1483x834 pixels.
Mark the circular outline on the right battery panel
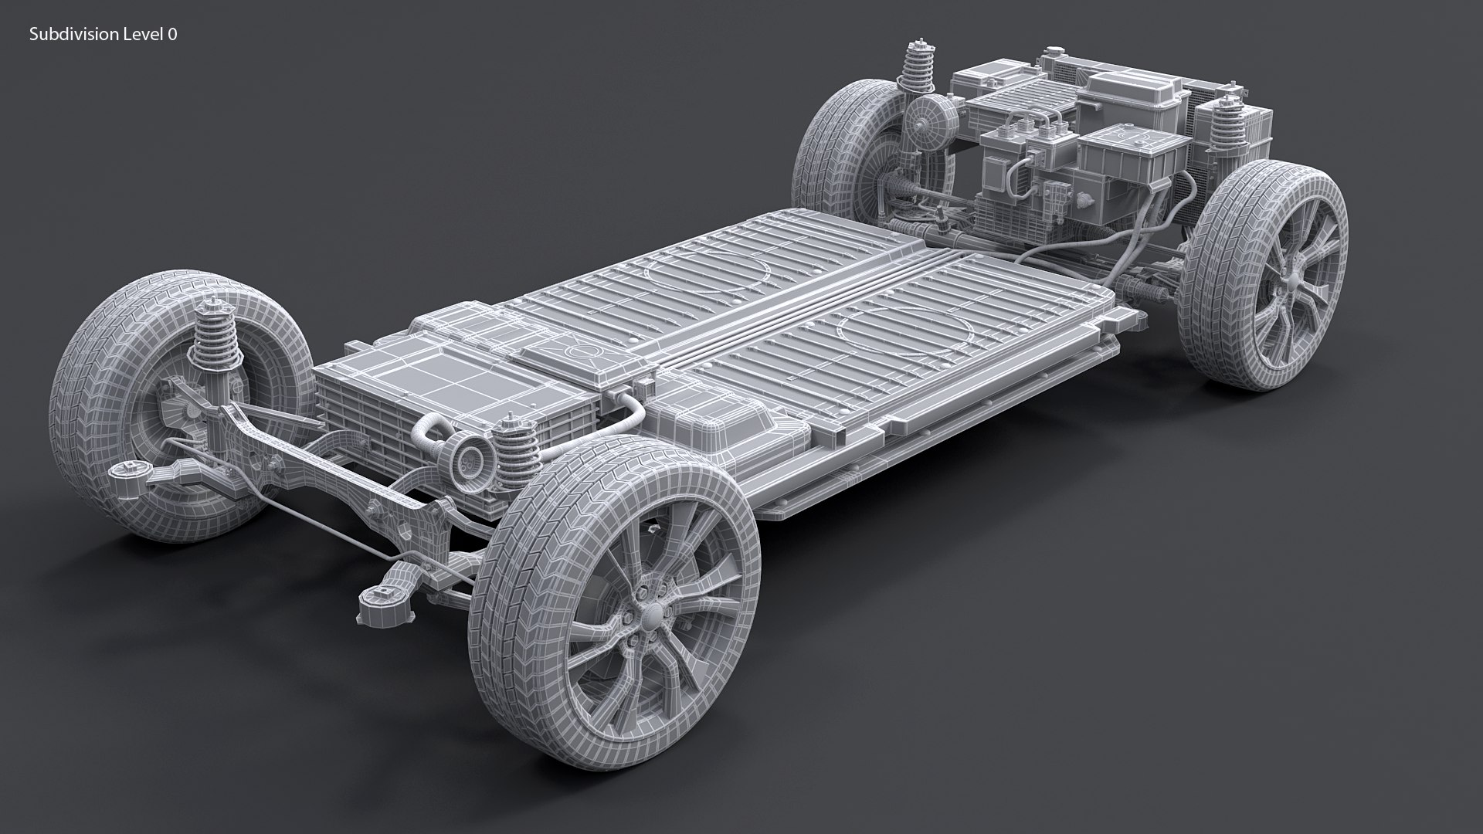click(x=908, y=329)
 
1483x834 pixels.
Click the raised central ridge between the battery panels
click(x=803, y=309)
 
